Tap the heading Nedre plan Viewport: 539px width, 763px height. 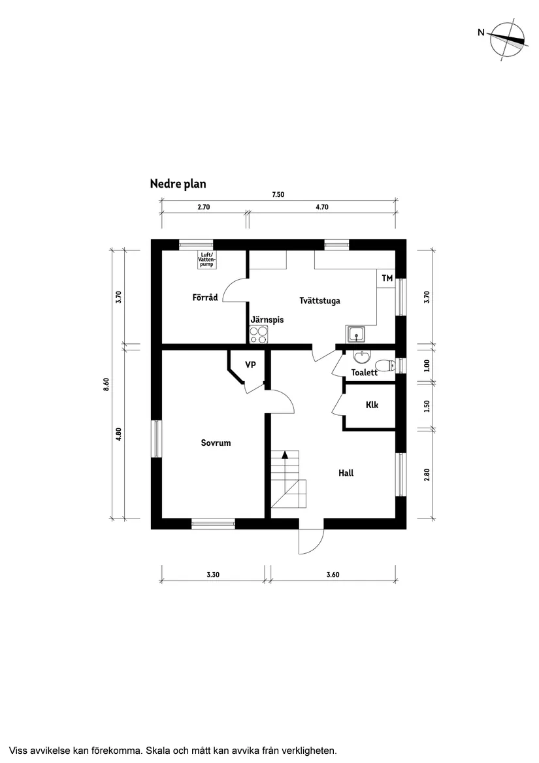pyautogui.click(x=178, y=184)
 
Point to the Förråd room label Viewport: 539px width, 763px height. pyautogui.click(x=204, y=297)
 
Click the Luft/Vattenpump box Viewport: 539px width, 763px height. pyautogui.click(x=206, y=260)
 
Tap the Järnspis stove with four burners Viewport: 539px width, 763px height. pyautogui.click(x=259, y=335)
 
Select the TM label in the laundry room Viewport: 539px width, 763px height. pyautogui.click(x=387, y=279)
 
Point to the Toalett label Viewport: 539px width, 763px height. pyautogui.click(x=364, y=373)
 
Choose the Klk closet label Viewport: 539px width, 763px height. pyautogui.click(x=372, y=405)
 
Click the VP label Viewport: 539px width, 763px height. pyautogui.click(x=250, y=365)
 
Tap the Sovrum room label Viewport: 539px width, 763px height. pyautogui.click(x=216, y=443)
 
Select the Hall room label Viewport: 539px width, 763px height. pyautogui.click(x=346, y=473)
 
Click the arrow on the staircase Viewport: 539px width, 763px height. pyautogui.click(x=284, y=456)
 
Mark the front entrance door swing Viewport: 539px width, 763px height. pyautogui.click(x=310, y=541)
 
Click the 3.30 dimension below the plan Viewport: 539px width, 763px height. pyautogui.click(x=212, y=575)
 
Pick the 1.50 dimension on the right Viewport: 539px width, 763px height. pyautogui.click(x=427, y=406)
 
